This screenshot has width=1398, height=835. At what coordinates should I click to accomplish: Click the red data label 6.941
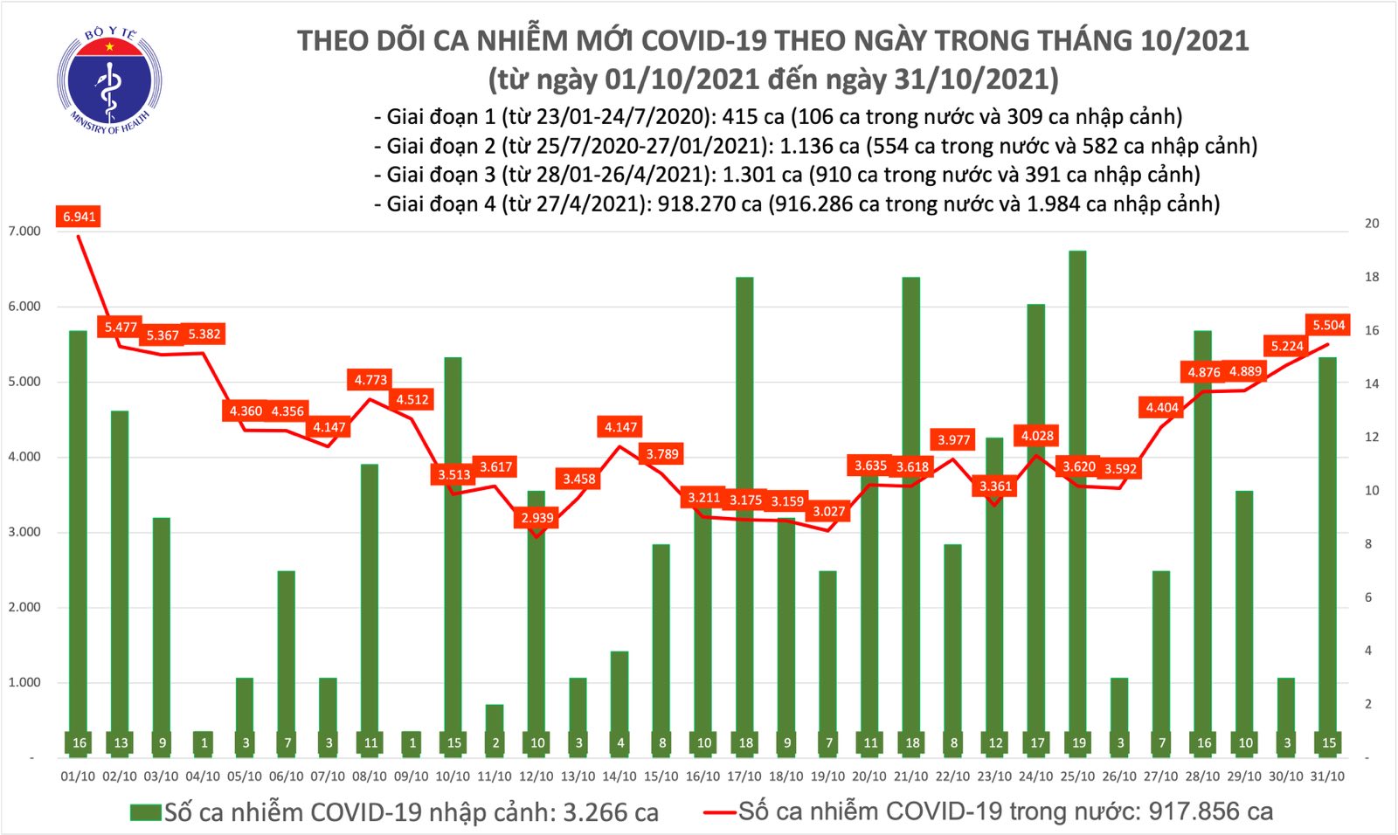click(x=79, y=217)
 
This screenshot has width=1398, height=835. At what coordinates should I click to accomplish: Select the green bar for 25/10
click(x=1078, y=498)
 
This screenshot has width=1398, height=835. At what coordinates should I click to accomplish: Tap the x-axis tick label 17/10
click(x=744, y=776)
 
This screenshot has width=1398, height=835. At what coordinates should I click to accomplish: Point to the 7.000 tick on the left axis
click(x=24, y=231)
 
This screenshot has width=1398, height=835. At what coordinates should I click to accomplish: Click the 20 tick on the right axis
click(x=1372, y=224)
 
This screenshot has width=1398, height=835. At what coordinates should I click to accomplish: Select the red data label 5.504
click(x=1328, y=325)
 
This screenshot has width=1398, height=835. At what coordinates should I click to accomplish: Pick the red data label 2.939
click(x=537, y=518)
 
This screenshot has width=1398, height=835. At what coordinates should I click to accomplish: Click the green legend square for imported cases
click(x=146, y=813)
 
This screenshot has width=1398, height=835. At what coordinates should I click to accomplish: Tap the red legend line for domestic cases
click(x=720, y=813)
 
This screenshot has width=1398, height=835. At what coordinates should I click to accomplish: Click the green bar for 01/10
click(x=79, y=542)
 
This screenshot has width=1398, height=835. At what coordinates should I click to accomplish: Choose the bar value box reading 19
click(x=1078, y=743)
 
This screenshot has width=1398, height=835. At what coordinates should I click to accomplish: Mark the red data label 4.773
click(x=370, y=380)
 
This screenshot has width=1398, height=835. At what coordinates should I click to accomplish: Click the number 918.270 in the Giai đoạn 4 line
click(x=695, y=204)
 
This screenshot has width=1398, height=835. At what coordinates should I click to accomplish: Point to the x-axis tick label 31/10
click(x=1328, y=776)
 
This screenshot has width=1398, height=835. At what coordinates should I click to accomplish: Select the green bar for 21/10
click(x=911, y=515)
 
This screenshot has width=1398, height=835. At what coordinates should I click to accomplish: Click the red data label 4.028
click(x=1037, y=436)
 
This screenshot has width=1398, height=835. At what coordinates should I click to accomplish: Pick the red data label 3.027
click(x=828, y=512)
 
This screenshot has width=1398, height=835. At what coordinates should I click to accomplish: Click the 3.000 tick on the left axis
click(x=24, y=532)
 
